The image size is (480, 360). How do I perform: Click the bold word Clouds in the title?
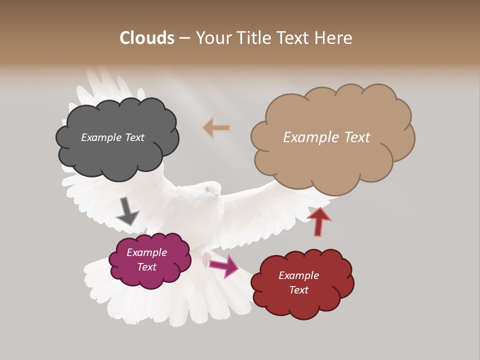(x=147, y=38)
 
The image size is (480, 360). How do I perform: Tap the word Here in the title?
(x=334, y=38)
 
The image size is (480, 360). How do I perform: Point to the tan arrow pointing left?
(x=216, y=128)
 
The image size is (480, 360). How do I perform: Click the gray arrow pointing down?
(x=127, y=210)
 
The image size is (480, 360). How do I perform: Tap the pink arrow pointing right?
(x=224, y=265)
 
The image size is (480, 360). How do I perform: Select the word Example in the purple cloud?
(x=146, y=252)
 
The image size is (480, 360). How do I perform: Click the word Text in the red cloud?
(x=298, y=290)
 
